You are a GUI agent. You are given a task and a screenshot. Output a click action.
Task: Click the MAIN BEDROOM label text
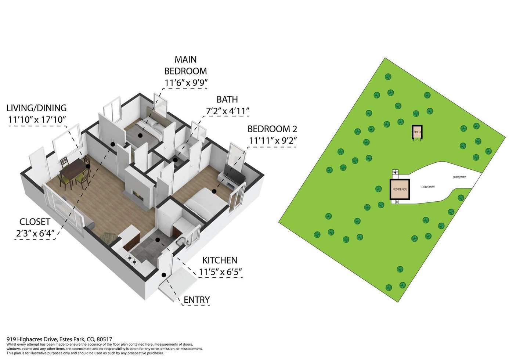point(186,65)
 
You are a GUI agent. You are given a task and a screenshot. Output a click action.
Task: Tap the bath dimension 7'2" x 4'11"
point(228,111)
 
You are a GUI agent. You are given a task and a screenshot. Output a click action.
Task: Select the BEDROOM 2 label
point(272,129)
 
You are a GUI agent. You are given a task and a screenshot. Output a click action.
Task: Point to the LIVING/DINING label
point(36,108)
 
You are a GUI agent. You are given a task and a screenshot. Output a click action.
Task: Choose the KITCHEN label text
point(220,260)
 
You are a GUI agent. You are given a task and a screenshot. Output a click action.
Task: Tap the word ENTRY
point(196,300)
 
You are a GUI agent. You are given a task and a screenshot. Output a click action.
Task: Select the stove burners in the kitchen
point(132,260)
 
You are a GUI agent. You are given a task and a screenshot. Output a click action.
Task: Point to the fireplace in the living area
point(138,194)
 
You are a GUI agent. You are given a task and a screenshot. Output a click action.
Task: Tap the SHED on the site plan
point(417,132)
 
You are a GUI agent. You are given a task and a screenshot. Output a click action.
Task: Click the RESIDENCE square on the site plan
point(400,189)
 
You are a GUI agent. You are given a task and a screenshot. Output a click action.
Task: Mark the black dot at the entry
point(164,275)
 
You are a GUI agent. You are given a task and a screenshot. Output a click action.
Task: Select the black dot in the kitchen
point(158,240)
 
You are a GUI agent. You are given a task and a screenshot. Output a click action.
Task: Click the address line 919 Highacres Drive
point(59,339)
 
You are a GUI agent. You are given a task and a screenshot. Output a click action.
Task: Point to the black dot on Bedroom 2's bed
point(214,191)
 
